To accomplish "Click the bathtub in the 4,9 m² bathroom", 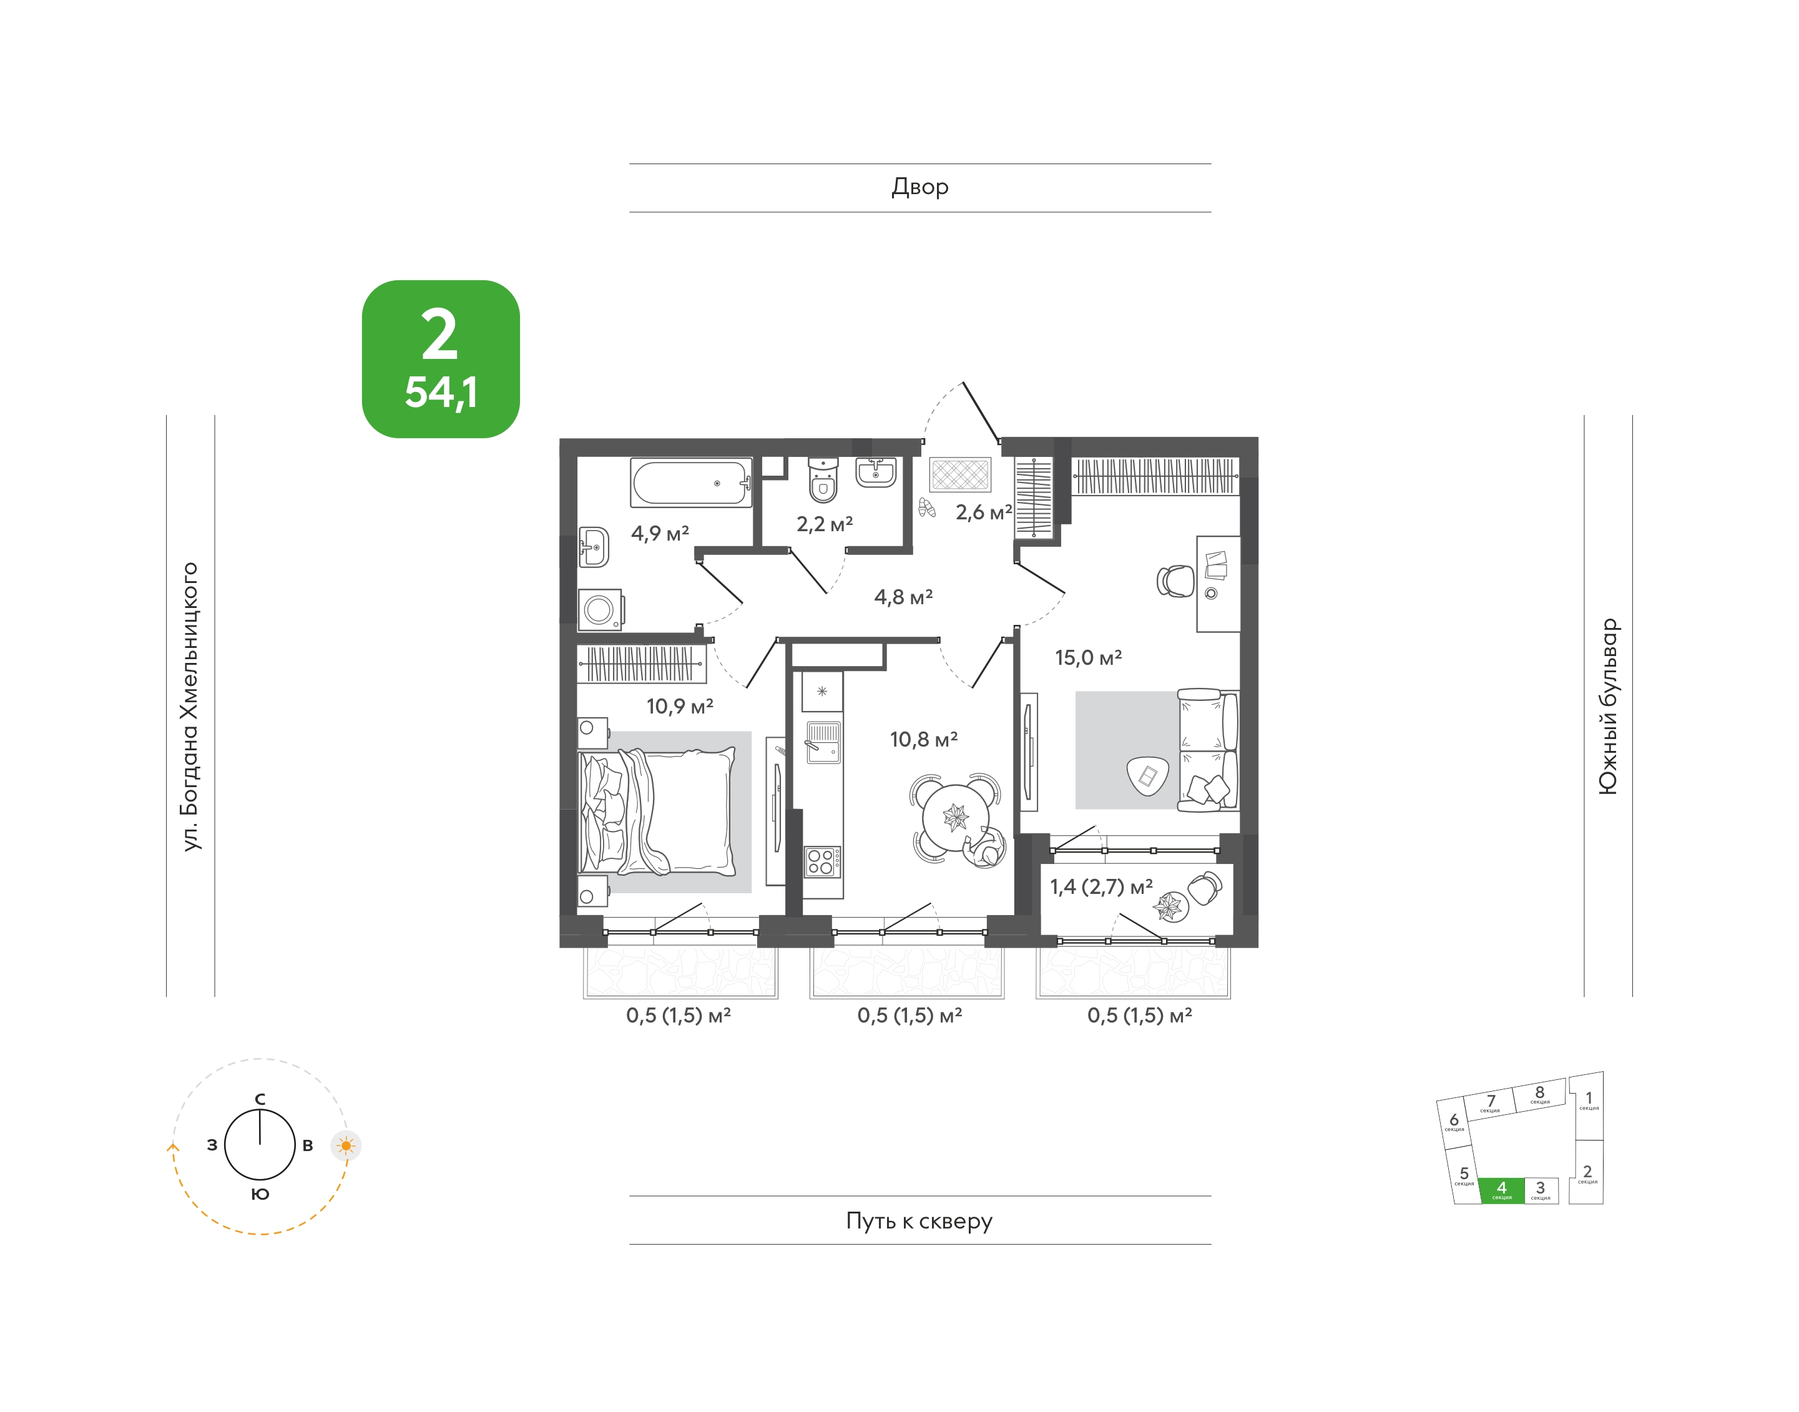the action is coord(691,483).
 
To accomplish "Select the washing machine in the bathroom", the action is coord(599,610).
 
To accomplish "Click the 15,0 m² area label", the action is coord(1088,657).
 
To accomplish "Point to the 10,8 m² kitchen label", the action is coord(923,739).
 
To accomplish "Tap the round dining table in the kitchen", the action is coord(956,818).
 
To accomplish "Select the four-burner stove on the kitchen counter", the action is coord(823,861).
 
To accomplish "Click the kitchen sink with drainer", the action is coord(823,742).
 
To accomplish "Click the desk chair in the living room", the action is coord(1175,581).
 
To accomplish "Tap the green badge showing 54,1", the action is coord(441,359).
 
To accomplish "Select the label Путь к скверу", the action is coord(919,1221).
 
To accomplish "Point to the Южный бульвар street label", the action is coord(1608,706).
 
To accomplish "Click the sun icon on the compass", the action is coord(346,1146).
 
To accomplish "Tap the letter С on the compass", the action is coord(260,1099).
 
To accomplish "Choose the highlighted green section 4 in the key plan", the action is coord(1501,1190).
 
